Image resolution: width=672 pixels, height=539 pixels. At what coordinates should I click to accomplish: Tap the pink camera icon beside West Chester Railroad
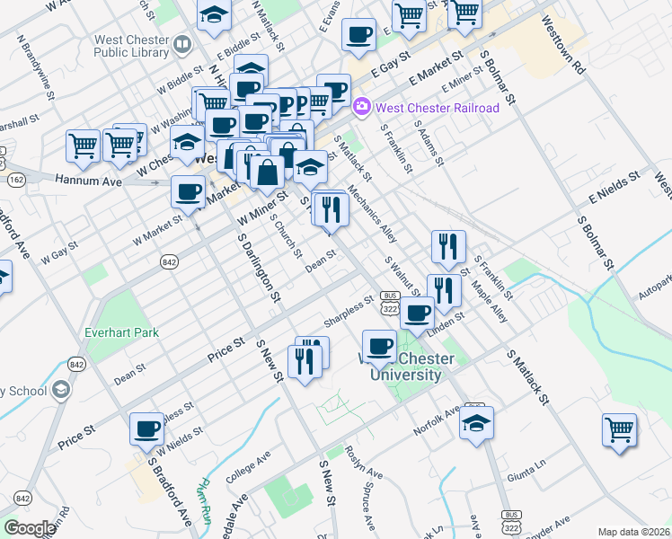[x=362, y=107]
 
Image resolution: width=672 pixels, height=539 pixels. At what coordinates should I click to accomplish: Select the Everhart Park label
[x=121, y=332]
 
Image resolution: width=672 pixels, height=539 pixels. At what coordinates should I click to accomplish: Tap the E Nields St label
[x=616, y=185]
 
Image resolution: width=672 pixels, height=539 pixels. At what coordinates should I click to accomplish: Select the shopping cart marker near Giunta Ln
[x=620, y=429]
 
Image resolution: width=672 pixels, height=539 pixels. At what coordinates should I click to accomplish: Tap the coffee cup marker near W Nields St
[x=146, y=429]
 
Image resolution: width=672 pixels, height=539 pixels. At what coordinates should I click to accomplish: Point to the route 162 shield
[x=17, y=179]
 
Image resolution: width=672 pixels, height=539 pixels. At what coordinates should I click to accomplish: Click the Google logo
[x=29, y=528]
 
